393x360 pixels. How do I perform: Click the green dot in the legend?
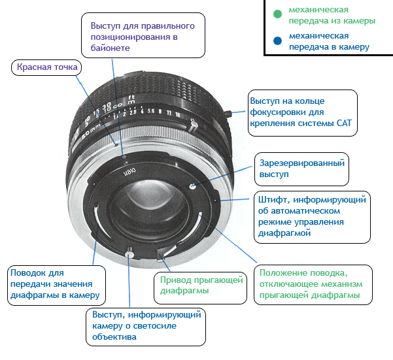coord(277,14)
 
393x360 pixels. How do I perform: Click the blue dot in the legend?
coord(277,41)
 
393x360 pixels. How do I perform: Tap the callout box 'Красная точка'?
coord(46,67)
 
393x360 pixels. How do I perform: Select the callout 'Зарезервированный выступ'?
coord(301,169)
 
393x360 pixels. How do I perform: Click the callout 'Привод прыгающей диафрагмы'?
coord(201,288)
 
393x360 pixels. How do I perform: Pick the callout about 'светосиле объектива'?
coord(146,327)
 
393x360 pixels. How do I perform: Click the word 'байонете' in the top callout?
coord(111,48)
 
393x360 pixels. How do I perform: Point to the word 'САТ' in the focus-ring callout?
coord(345,123)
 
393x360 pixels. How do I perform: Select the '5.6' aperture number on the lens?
coord(151,111)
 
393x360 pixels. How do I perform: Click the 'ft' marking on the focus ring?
coord(131,97)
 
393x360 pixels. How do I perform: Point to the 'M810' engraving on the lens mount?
coord(129,172)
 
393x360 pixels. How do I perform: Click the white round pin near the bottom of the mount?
coord(129,254)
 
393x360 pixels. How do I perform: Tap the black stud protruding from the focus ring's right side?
coord(229,113)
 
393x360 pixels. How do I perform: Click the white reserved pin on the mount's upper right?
coord(192,186)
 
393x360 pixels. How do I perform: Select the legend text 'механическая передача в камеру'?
coord(329,41)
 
